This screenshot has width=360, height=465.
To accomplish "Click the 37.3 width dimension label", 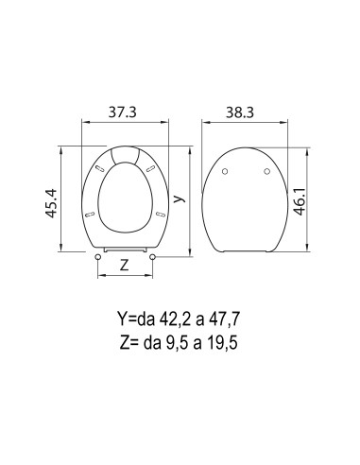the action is point(123,112).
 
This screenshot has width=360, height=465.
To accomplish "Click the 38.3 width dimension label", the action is point(240,112).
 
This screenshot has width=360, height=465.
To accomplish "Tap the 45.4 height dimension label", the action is point(51,203).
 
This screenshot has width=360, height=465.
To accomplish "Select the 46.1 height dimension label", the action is point(300,201).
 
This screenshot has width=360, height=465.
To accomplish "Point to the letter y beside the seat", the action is point(179,198).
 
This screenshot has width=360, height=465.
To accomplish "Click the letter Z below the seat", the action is point(125,266).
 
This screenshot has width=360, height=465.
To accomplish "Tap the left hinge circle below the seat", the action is point(97,257).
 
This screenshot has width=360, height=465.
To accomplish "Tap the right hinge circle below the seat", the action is point(153,257).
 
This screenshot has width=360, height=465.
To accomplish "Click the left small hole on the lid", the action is point(225,171).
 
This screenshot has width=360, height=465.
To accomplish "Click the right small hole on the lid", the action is point(267,171).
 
